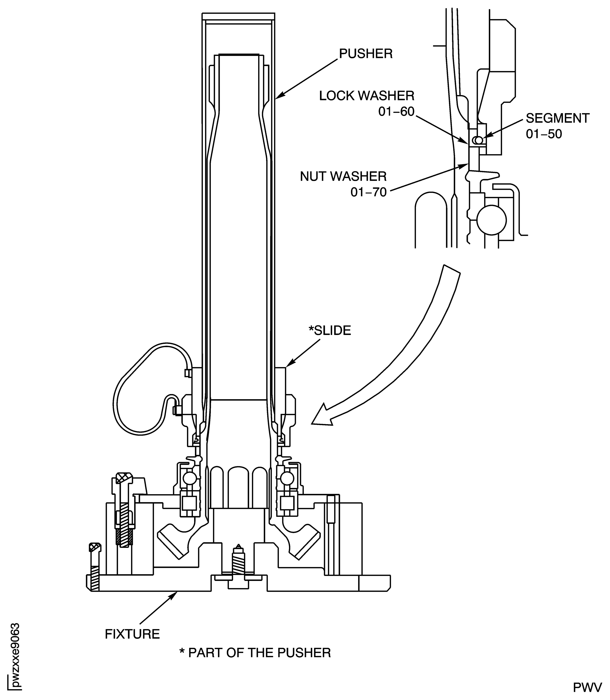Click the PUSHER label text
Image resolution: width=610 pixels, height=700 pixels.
[366, 54]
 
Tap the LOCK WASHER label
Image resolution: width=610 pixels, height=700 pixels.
[367, 96]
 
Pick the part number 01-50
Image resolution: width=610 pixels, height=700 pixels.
[544, 134]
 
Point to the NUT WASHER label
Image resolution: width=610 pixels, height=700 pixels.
[343, 177]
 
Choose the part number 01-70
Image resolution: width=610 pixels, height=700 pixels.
[369, 192]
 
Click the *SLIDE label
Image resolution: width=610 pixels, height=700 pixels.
[329, 331]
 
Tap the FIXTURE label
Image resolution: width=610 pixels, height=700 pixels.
[132, 634]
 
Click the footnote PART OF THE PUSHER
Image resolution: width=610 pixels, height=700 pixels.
[255, 653]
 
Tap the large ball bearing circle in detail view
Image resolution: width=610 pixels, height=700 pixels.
[491, 220]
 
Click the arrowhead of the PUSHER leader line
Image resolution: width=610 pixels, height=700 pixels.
[278, 97]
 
